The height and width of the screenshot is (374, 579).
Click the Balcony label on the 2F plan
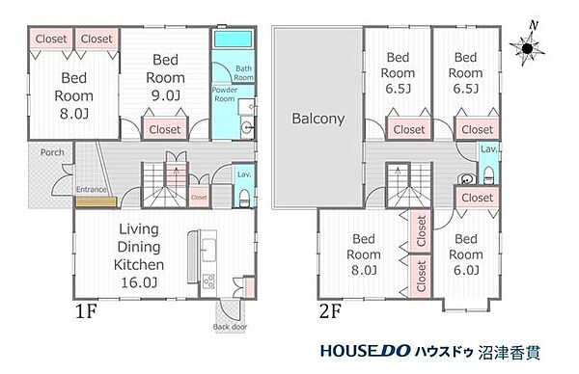pos(312,120)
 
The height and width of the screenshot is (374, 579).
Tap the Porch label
pos(53,152)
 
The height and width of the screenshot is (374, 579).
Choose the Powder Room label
pos(224,94)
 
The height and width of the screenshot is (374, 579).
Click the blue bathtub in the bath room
pos(233,41)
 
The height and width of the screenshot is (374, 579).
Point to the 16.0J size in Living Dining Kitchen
pos(140,281)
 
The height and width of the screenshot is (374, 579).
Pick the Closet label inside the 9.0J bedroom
pos(166,128)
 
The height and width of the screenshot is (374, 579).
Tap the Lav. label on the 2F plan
pos(488,150)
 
